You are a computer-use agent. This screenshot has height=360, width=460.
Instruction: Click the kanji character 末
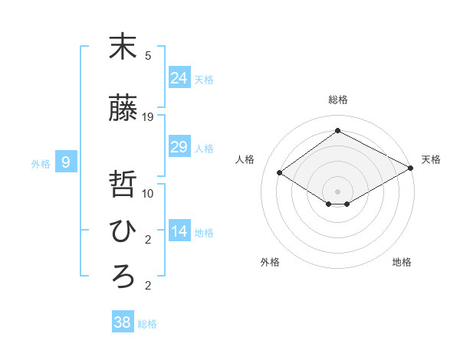(123, 47)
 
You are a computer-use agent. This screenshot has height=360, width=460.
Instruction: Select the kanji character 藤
(123, 110)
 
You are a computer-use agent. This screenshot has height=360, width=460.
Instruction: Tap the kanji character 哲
(123, 186)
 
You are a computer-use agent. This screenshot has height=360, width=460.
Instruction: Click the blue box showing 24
(179, 77)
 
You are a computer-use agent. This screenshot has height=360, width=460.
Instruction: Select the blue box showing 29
(179, 147)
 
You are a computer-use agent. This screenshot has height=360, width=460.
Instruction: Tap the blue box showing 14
(179, 231)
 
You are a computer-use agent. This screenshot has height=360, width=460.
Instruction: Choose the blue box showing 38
(123, 322)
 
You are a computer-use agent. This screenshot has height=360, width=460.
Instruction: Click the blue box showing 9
(66, 162)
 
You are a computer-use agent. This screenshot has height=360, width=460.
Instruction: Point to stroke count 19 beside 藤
(149, 117)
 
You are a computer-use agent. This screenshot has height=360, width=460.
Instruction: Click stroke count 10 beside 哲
(149, 193)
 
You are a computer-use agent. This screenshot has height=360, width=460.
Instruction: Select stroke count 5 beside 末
(148, 55)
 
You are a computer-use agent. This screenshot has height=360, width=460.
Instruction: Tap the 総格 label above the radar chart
(338, 100)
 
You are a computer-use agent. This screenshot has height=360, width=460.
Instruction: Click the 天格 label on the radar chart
(431, 159)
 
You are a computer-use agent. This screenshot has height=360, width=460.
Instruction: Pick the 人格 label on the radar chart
(245, 159)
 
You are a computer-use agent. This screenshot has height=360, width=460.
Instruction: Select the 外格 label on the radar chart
(270, 262)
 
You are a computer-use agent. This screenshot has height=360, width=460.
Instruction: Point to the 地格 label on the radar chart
(402, 262)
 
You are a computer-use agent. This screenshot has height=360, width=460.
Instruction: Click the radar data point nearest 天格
(411, 168)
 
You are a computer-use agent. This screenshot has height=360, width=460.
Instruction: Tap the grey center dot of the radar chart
(337, 191)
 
